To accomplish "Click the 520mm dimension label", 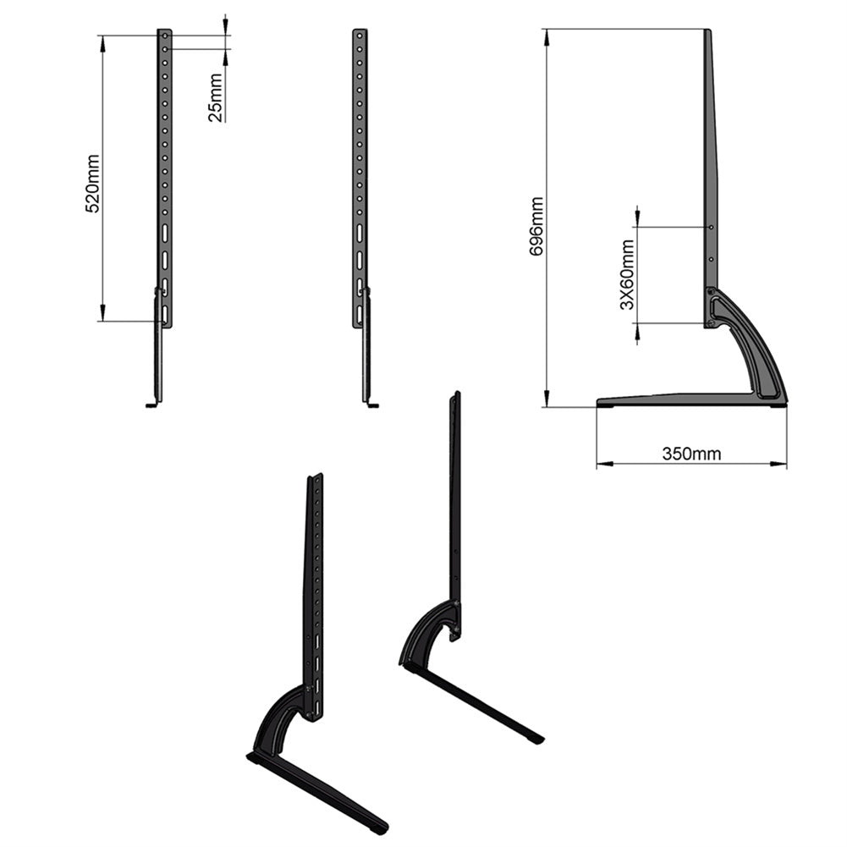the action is (93, 184).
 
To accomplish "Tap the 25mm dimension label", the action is (215, 98).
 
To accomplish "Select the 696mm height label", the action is (536, 226).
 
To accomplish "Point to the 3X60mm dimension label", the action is (627, 274).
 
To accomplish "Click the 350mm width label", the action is (691, 454).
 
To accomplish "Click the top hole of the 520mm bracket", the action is (165, 36).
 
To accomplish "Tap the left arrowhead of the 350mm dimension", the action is (604, 463).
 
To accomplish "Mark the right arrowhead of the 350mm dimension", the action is (779, 463).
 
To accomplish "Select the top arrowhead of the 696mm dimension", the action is (547, 36).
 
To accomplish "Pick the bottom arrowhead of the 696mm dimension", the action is (547, 399).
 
